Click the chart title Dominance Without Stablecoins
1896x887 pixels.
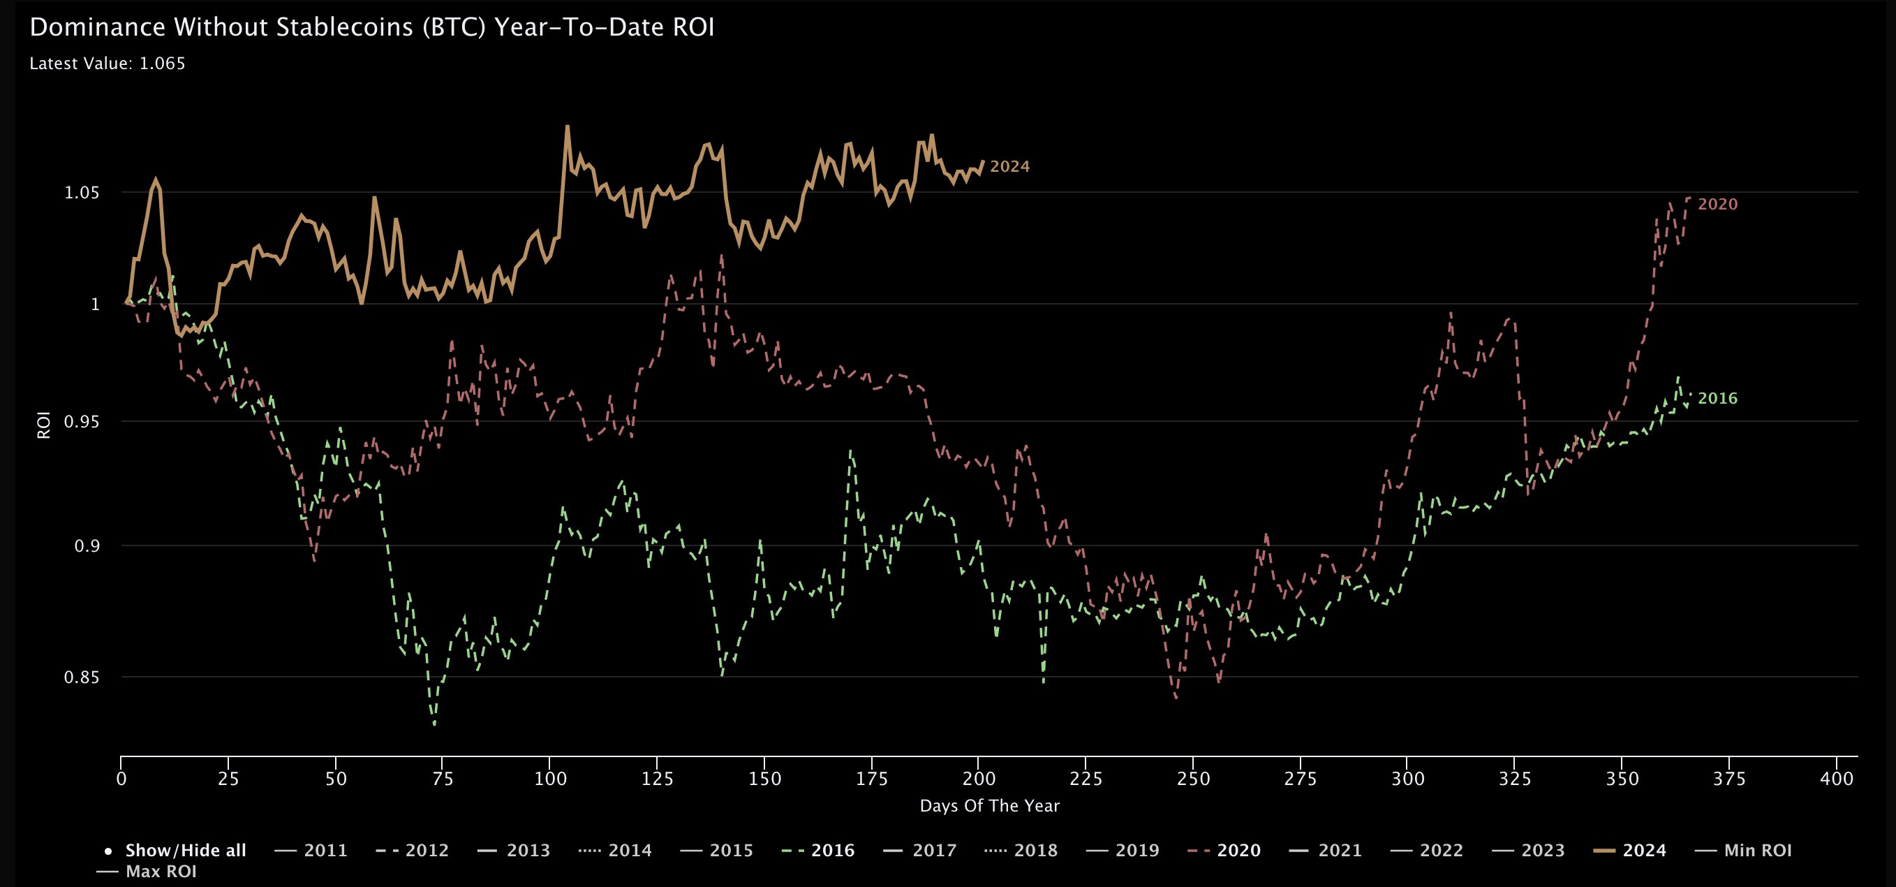(371, 27)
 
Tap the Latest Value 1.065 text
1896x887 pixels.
(108, 64)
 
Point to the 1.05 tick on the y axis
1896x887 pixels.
(82, 193)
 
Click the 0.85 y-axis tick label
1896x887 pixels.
(82, 677)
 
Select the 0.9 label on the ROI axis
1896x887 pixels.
(87, 546)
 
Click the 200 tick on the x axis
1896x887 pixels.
(979, 779)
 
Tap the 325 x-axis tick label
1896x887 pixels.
(1515, 779)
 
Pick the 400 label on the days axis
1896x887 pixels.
(1837, 779)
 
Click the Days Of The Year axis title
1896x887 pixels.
(989, 806)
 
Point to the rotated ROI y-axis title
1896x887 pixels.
(44, 425)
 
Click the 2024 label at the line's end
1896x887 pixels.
(1009, 166)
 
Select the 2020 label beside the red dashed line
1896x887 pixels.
(1717, 204)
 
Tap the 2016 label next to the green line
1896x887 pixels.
(1717, 398)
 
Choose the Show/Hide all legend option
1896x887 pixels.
(186, 850)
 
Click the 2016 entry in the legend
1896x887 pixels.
(832, 850)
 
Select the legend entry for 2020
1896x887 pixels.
(1238, 850)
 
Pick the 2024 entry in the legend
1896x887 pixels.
(1644, 850)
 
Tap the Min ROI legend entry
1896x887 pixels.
(1758, 850)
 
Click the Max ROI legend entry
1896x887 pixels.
(161, 872)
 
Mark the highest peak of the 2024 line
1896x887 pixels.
(567, 126)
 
